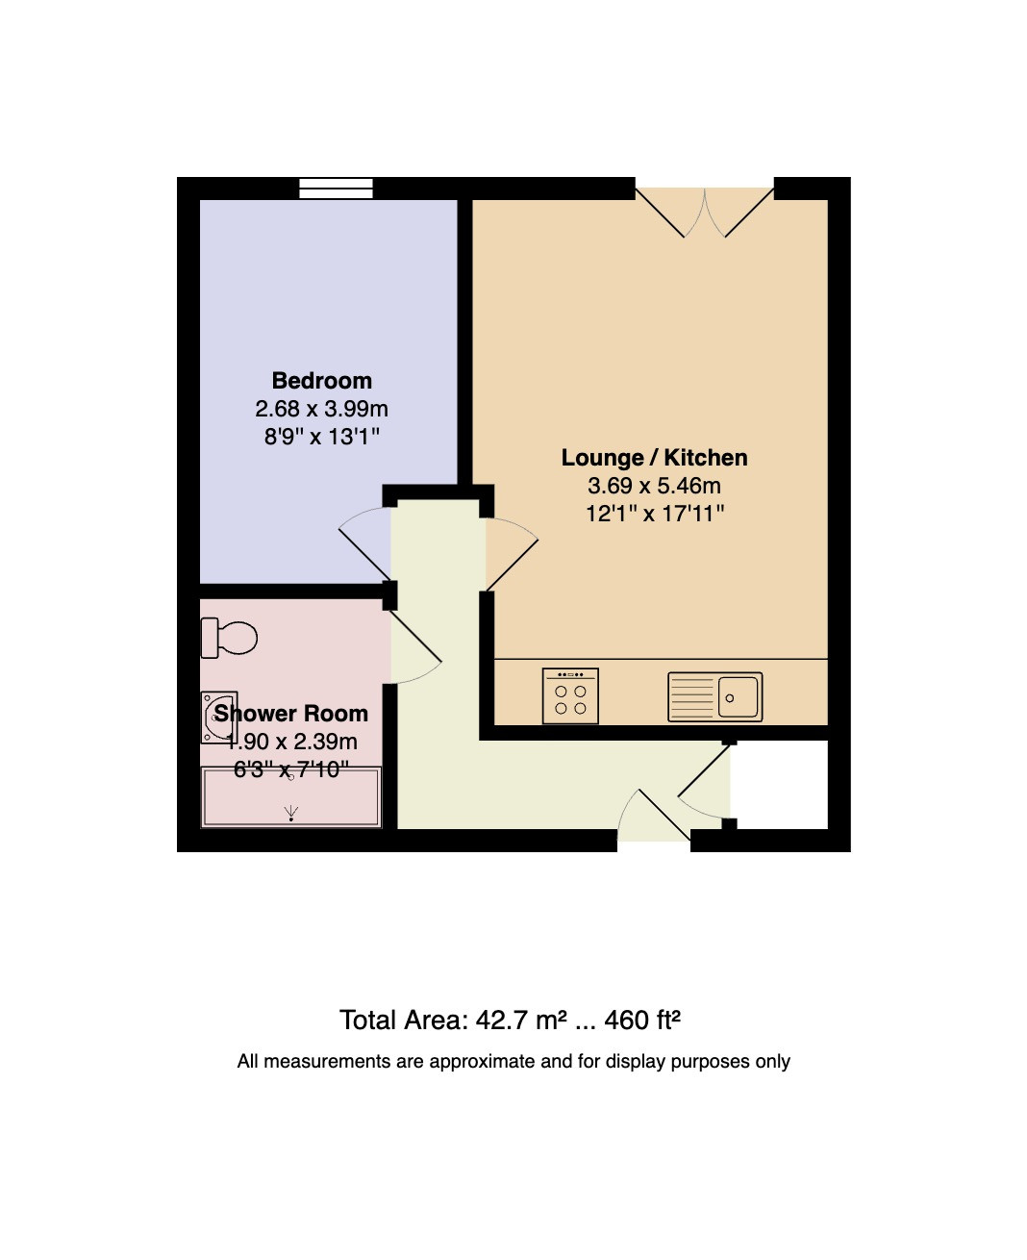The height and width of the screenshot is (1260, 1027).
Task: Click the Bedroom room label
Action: [321, 381]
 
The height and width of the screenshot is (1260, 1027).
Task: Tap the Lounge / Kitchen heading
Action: [654, 458]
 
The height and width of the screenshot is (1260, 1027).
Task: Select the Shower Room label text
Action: [291, 714]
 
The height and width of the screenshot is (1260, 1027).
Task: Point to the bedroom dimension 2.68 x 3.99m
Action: [321, 409]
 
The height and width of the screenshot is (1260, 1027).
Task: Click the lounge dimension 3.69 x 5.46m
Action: [654, 486]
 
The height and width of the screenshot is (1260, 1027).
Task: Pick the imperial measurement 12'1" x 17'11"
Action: [655, 514]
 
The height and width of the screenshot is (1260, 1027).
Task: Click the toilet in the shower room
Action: [229, 638]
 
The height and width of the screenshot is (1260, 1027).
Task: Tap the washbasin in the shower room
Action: [218, 718]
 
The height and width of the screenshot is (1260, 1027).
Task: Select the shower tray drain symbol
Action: [291, 814]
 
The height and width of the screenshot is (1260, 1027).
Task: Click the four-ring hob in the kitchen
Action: [570, 696]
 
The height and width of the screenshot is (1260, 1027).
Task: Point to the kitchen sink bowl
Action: [738, 697]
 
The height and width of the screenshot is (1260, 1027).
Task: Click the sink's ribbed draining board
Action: [691, 697]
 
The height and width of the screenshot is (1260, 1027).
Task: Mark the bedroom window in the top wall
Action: [336, 189]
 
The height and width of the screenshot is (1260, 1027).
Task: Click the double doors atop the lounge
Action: [705, 213]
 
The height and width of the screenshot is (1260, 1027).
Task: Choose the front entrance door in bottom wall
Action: [654, 815]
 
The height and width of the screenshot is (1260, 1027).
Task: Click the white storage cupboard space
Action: [779, 785]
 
